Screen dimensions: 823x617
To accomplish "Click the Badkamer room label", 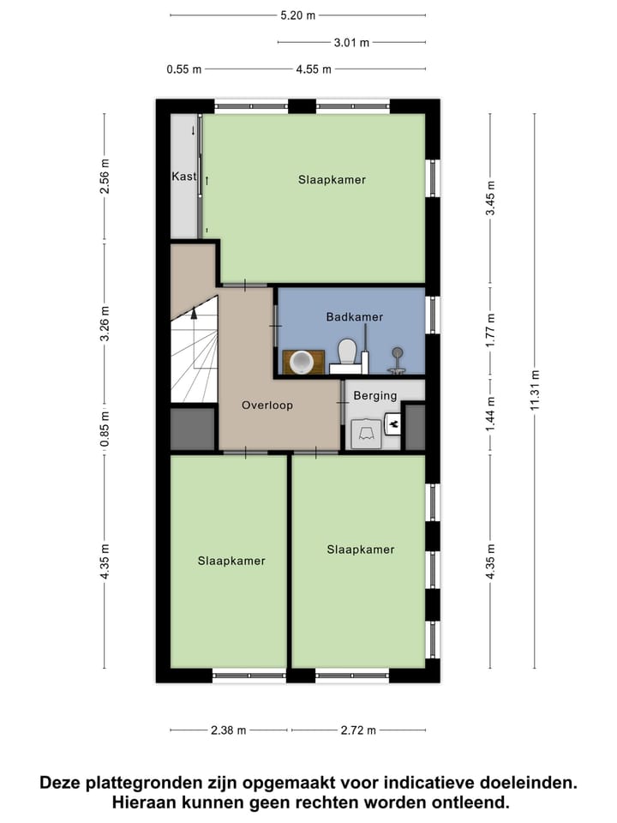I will [354, 317].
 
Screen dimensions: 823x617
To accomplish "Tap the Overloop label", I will [267, 405].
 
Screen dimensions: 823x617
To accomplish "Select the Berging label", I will [375, 396].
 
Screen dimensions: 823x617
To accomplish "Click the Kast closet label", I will [184, 177].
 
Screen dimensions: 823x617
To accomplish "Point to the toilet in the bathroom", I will [347, 354].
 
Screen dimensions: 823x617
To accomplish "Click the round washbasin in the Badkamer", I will [301, 363].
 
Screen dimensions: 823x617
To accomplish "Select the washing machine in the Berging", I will [367, 433].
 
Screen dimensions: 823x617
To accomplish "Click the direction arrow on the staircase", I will [195, 314].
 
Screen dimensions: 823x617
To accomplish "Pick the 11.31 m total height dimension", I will [536, 391].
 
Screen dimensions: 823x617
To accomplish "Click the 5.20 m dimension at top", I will [297, 15].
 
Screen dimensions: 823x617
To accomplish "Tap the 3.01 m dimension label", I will [351, 42].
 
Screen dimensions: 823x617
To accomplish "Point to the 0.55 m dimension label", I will [184, 70].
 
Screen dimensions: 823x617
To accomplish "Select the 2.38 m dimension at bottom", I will [228, 730].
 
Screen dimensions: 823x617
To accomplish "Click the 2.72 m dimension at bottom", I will [358, 730].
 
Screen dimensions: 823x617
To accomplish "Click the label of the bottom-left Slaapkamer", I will [231, 561].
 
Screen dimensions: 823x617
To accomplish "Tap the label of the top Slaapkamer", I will [332, 180].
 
